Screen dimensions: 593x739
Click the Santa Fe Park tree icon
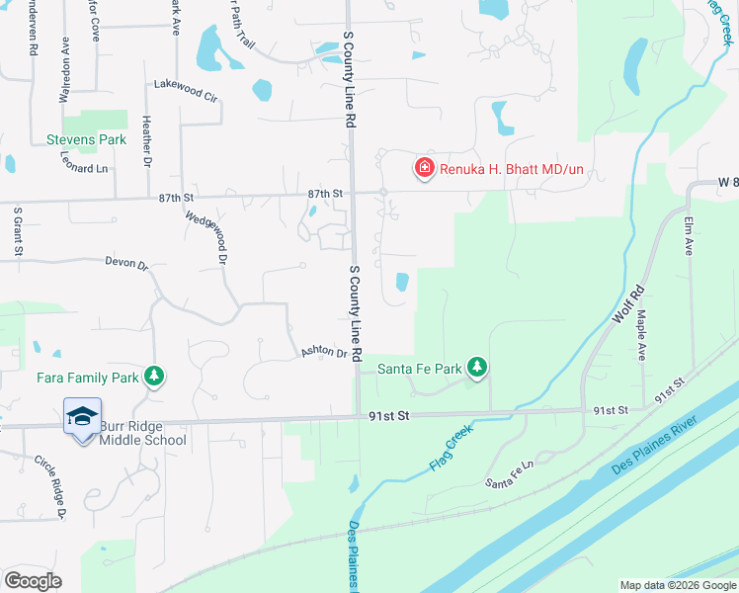477,368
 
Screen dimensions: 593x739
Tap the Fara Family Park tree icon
153,377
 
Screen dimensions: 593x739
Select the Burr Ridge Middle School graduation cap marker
83,416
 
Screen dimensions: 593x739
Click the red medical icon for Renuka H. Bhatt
425,169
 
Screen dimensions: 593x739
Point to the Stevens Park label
87,140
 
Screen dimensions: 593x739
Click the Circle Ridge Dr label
50,487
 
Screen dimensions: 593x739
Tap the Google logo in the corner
33,580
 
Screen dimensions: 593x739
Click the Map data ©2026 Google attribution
677,585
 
